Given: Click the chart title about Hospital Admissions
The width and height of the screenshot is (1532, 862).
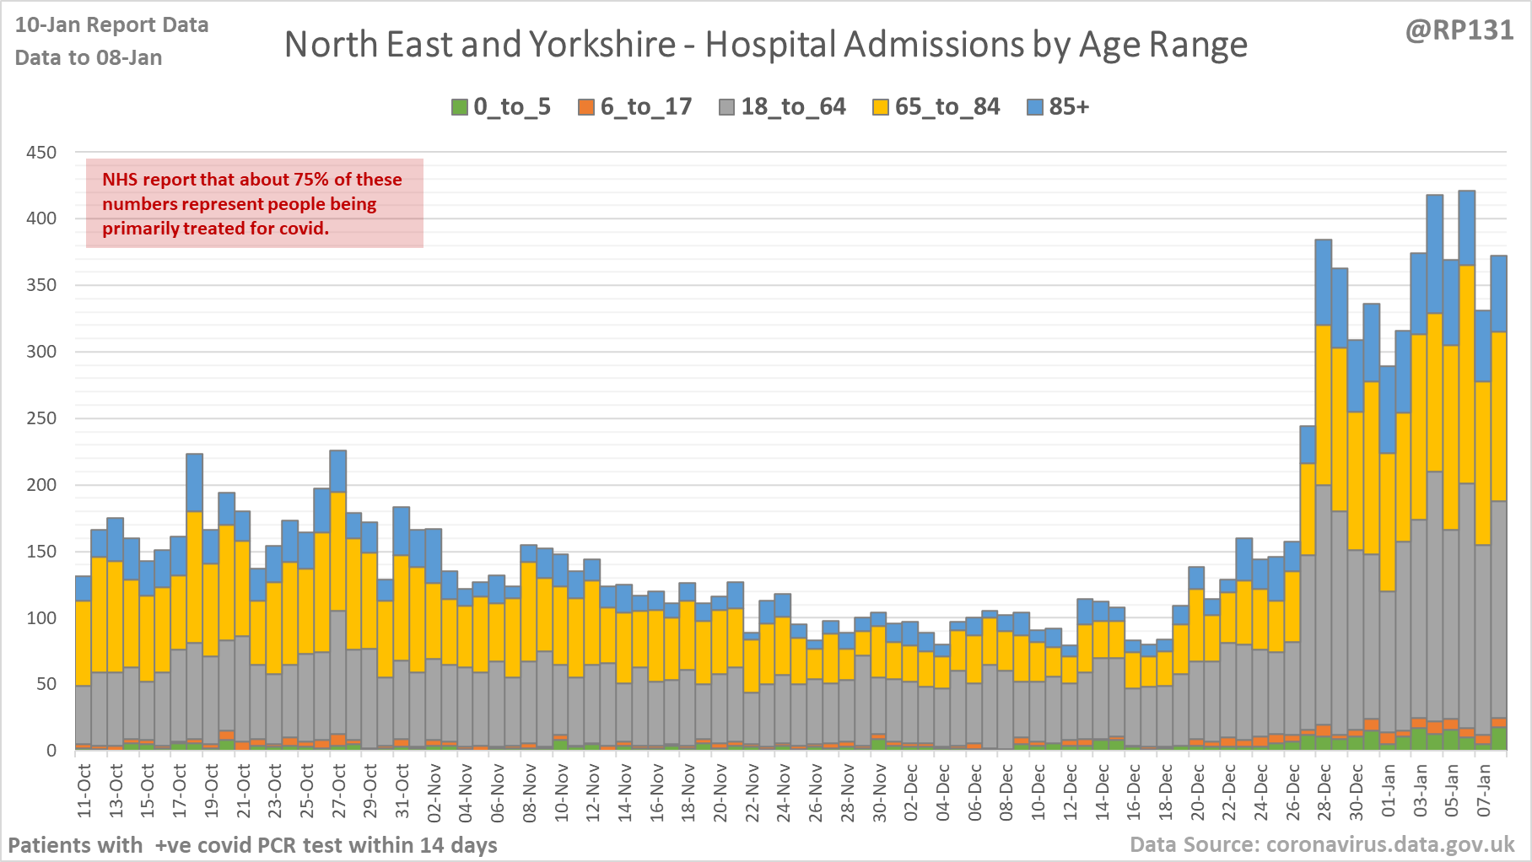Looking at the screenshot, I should point(765,45).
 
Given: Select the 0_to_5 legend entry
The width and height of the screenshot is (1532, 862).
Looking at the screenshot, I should point(501,107).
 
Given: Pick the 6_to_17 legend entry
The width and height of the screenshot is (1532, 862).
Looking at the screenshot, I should point(635,107).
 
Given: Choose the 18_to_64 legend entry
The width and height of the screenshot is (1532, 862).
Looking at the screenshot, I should point(782,107).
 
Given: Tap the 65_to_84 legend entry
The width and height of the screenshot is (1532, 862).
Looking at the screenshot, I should point(936,107).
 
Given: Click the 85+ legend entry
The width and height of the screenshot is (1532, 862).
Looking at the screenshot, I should point(1059,107).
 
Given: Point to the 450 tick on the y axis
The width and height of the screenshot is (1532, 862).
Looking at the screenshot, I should point(41,153).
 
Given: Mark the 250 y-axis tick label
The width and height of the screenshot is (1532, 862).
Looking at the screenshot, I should point(41,418).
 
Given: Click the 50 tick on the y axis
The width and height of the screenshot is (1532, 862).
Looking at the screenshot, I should point(46,684).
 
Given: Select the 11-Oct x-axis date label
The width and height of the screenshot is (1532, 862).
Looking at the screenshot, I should point(84,791).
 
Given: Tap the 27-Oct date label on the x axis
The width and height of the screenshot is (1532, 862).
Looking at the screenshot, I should point(338,791).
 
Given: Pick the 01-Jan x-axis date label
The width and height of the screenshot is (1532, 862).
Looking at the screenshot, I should point(1389,791).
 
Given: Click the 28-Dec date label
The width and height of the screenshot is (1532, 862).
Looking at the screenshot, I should point(1324,791).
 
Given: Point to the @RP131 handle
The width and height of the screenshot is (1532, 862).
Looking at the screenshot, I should point(1459,30).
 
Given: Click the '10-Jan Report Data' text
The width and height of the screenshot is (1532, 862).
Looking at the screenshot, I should point(111,25).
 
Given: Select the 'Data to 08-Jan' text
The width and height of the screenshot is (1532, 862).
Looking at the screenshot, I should point(89,57).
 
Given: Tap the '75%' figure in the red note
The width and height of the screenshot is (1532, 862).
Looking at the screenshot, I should point(310,180).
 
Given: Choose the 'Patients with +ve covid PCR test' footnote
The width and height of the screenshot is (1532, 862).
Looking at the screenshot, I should point(252,845).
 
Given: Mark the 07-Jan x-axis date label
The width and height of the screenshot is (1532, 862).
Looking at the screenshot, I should point(1484,791).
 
